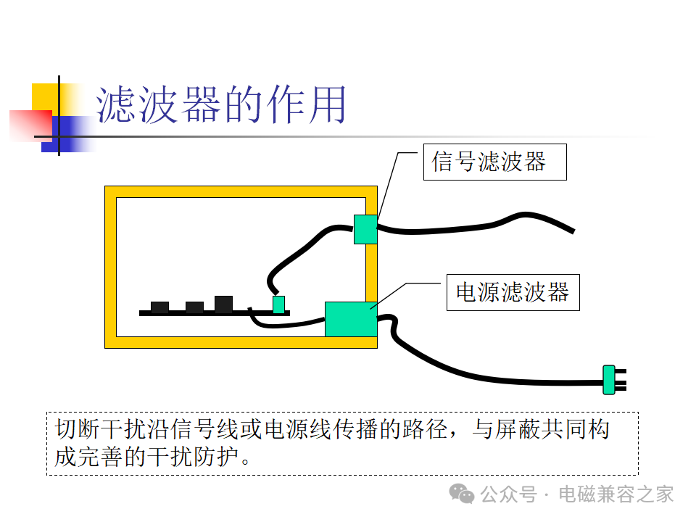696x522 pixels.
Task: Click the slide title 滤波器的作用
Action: click(x=221, y=104)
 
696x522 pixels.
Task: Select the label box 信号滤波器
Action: click(x=495, y=162)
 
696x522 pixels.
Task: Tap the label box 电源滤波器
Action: click(x=513, y=292)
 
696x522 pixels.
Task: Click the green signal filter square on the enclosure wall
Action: click(x=365, y=230)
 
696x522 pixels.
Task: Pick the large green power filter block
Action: click(x=351, y=319)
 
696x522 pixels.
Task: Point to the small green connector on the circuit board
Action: click(x=278, y=304)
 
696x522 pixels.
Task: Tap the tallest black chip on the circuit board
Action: click(x=224, y=304)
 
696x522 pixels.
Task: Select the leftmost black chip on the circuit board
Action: click(x=159, y=307)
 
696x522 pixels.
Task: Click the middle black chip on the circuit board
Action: click(x=194, y=307)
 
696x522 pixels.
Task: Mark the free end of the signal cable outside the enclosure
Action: click(x=573, y=231)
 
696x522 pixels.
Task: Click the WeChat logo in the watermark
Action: click(x=462, y=494)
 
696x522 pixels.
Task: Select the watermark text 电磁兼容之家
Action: click(x=616, y=494)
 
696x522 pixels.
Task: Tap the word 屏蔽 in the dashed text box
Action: click(x=518, y=430)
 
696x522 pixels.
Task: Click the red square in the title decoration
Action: click(x=30, y=125)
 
